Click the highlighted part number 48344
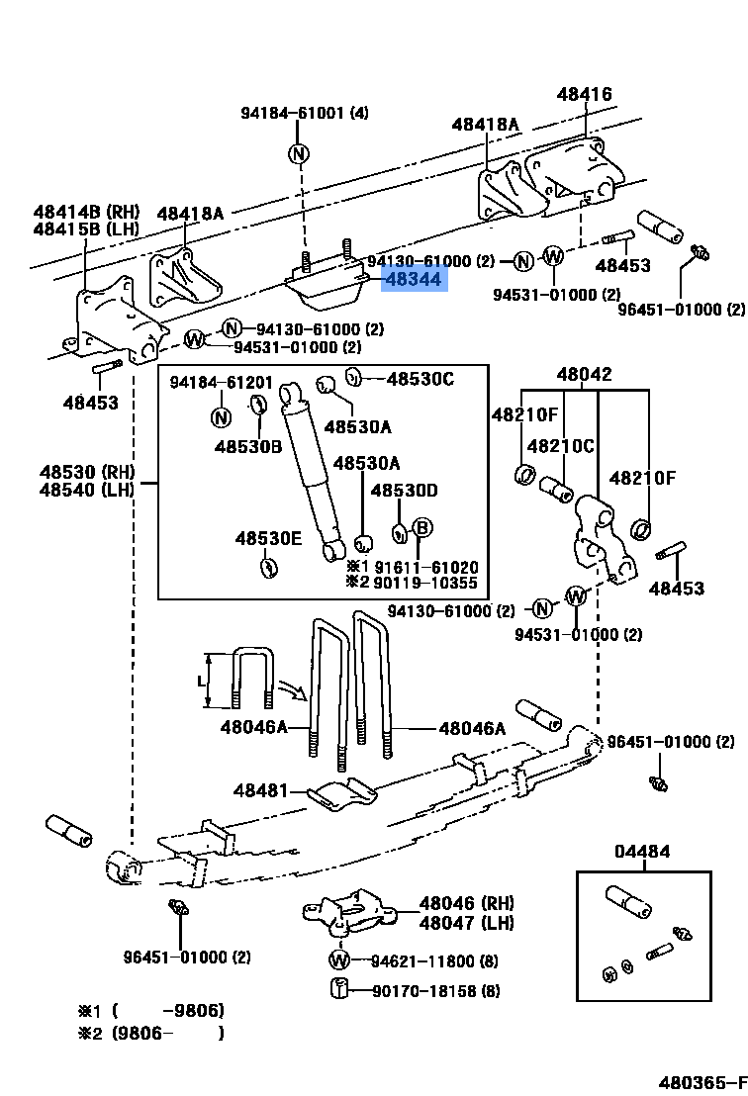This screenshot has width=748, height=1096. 414,280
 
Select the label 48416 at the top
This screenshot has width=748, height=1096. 584,94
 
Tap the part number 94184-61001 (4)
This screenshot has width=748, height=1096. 305,113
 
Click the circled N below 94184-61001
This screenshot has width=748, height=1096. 299,153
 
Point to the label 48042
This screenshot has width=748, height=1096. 585,374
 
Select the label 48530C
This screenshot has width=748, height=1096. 421,379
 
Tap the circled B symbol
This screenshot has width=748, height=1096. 422,528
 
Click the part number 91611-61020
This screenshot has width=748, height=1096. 426,567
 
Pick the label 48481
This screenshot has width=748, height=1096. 261,790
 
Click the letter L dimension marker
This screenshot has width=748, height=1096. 201,682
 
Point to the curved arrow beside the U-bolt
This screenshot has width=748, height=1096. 293,689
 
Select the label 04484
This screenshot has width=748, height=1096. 642,852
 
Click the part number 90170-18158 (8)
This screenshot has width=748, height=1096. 435,991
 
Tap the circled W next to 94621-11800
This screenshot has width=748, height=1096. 339,960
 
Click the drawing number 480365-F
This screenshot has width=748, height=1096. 702,1083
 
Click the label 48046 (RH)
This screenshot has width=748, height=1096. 466,903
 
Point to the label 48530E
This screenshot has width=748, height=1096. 268,538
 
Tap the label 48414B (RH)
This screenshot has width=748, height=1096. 87,211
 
